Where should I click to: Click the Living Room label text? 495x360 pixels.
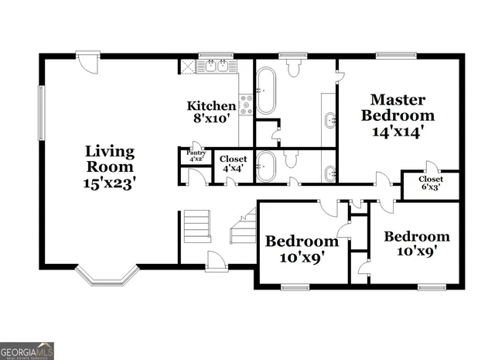coord(109,159)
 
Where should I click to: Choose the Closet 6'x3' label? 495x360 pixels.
coord(431,184)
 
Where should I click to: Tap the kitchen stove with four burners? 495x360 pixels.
coord(247,105)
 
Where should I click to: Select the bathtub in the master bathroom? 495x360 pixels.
coord(266,90)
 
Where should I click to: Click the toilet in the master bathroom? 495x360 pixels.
coord(292,69)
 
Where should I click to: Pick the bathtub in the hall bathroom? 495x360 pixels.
coord(265,166)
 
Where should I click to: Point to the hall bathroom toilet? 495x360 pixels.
coord(291,159)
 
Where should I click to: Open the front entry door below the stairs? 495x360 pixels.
coord(217,263)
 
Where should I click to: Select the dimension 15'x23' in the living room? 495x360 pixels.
coord(109,183)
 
